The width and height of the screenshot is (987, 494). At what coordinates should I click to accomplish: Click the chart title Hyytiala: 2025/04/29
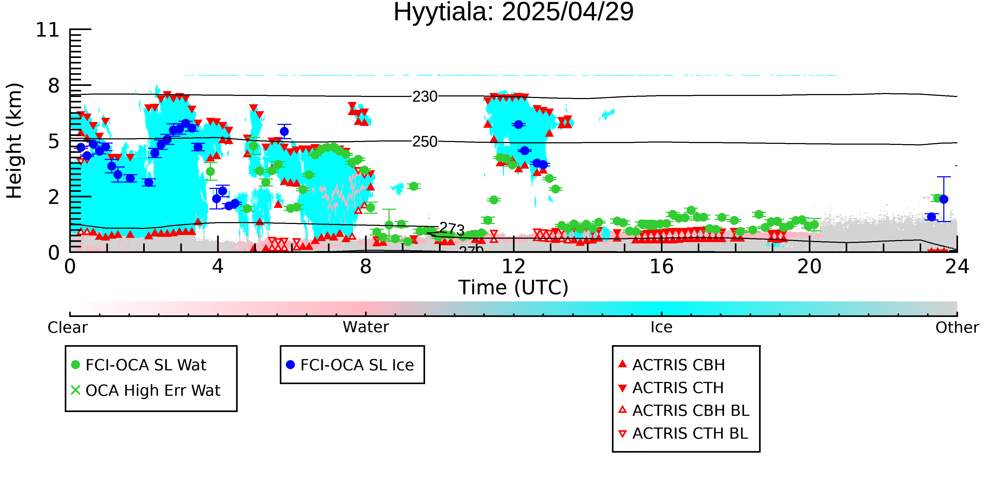514,12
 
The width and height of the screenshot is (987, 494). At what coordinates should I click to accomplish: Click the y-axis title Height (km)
14,141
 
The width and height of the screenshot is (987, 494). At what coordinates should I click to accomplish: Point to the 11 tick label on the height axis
48,30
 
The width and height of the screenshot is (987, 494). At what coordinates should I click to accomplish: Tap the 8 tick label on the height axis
54,86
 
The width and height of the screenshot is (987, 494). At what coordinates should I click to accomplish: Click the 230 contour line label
425,97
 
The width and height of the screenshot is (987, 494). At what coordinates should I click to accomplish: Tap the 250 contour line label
425,142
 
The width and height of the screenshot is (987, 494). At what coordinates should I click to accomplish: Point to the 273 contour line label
452,229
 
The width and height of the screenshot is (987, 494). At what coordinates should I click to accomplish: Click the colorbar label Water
366,327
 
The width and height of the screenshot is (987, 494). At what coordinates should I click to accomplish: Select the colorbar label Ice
661,327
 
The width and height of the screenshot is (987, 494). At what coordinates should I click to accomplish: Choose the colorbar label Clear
68,327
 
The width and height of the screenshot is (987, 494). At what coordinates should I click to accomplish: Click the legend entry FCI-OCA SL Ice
350,365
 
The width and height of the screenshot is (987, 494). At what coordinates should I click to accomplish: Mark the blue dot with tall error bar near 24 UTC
944,199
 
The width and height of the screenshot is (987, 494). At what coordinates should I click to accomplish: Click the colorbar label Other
957,327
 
